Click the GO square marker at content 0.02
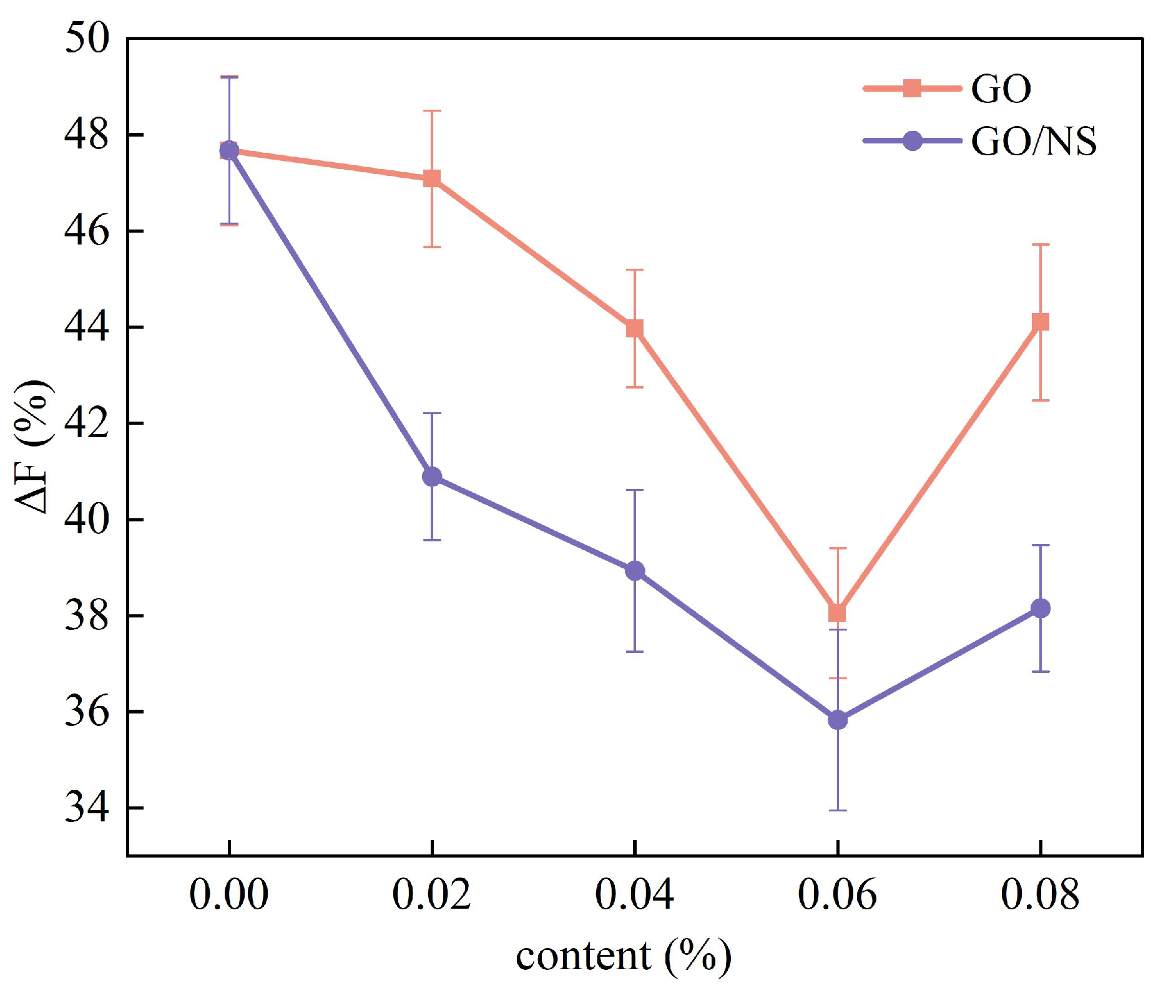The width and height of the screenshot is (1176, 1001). click(x=432, y=179)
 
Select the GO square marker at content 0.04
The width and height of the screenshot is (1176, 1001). click(x=635, y=329)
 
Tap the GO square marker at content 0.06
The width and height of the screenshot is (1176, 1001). click(x=837, y=613)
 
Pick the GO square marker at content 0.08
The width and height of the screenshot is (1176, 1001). click(x=1040, y=322)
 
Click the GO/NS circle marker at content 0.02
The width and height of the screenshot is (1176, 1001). click(x=432, y=477)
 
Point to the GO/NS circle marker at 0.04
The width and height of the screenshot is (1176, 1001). click(x=635, y=571)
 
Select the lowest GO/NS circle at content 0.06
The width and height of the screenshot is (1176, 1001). click(x=837, y=720)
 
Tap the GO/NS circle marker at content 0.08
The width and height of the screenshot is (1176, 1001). click(x=1040, y=608)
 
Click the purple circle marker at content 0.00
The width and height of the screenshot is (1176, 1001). click(x=230, y=150)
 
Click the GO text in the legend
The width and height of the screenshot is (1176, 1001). click(x=1001, y=89)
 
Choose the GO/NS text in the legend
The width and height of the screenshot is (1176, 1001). click(x=1033, y=142)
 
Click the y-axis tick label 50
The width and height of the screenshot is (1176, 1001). click(x=86, y=39)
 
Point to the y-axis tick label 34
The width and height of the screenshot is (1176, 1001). click(x=86, y=808)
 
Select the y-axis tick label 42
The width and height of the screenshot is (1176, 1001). click(x=86, y=423)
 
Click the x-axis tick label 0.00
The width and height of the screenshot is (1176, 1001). click(x=228, y=895)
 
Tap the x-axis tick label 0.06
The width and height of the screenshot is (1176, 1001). click(x=836, y=895)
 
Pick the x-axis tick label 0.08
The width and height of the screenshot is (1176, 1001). click(x=1039, y=895)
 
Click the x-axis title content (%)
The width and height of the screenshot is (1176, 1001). click(x=623, y=956)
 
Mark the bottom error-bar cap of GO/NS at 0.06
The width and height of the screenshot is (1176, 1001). click(x=837, y=810)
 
